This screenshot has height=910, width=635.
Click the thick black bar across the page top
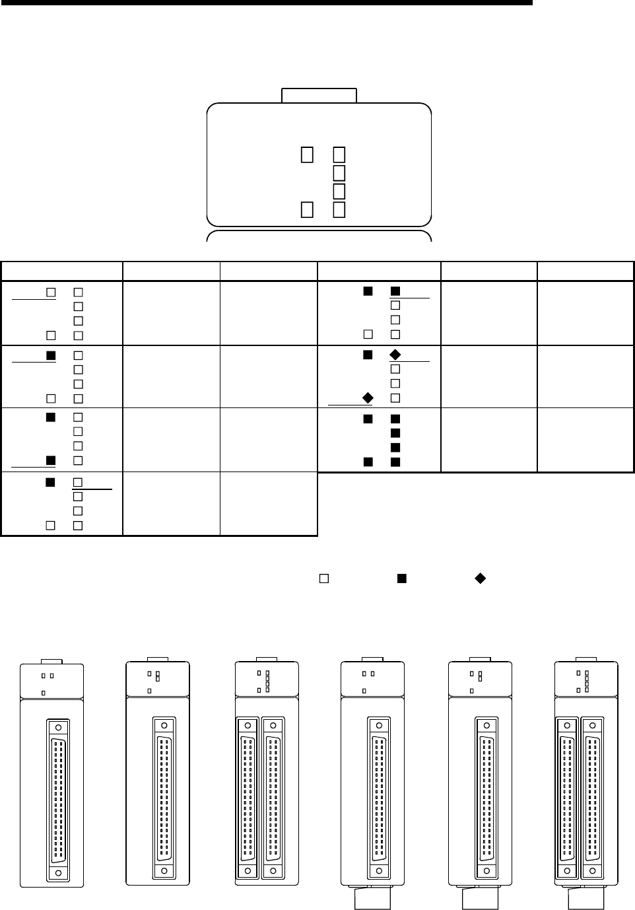[266, 3]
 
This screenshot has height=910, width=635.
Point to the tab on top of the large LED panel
[319, 95]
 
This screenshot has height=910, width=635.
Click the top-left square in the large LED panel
[307, 154]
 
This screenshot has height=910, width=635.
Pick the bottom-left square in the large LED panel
[307, 209]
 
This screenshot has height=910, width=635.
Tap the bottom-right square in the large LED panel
[339, 209]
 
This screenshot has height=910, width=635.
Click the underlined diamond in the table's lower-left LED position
[368, 398]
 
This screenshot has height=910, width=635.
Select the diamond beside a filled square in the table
[395, 355]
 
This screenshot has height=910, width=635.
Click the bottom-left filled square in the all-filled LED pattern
[368, 461]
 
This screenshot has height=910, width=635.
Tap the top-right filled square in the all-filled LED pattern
[395, 419]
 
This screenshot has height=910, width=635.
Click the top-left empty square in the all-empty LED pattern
[50, 291]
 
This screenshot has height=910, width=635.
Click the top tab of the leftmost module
[51, 660]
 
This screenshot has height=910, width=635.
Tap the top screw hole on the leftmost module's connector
[59, 727]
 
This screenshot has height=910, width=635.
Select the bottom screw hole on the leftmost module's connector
[59, 872]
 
